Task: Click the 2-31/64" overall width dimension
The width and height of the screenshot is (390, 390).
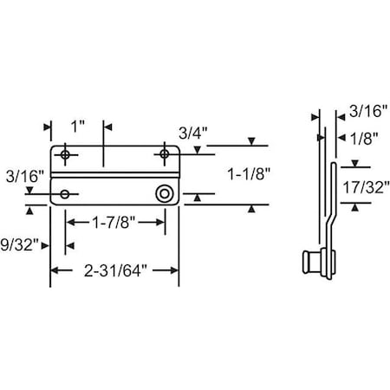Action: click(115, 271)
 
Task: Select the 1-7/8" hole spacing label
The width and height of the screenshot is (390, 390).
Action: click(114, 223)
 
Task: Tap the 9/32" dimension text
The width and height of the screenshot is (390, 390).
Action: click(19, 245)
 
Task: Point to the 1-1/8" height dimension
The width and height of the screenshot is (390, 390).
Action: click(249, 174)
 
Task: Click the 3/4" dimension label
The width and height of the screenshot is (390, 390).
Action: click(193, 133)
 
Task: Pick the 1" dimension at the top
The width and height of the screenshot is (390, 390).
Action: click(78, 127)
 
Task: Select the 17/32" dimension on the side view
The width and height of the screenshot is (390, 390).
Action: click(366, 187)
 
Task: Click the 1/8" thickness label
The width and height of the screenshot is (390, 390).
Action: click(364, 139)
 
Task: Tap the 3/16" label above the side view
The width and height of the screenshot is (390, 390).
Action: click(368, 111)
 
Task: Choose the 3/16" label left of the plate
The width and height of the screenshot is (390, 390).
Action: click(25, 176)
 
